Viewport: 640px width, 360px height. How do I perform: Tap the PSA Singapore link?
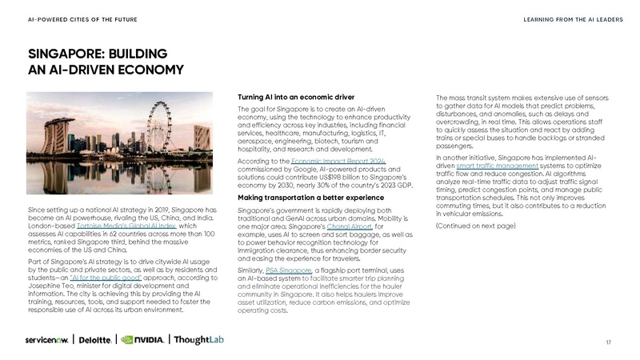click(287, 270)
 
